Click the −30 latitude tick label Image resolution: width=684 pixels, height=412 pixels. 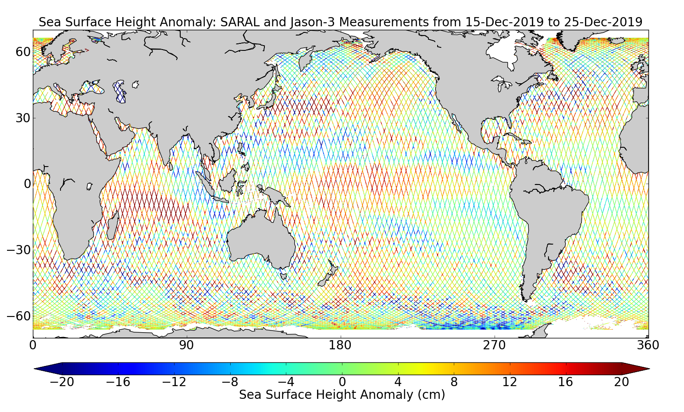18,250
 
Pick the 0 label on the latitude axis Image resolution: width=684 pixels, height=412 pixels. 27,184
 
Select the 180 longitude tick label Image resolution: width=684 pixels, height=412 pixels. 340,345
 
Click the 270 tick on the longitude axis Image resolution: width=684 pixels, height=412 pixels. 494,345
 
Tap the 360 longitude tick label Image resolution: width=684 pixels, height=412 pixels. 648,345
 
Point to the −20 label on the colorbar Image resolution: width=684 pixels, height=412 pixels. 62,382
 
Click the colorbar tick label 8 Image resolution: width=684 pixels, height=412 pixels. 454,382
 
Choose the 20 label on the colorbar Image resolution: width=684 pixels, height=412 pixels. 621,382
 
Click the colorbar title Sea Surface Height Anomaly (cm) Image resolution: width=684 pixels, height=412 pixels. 342,395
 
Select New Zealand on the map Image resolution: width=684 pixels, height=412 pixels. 327,276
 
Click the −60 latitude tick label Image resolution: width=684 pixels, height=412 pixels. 18,316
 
